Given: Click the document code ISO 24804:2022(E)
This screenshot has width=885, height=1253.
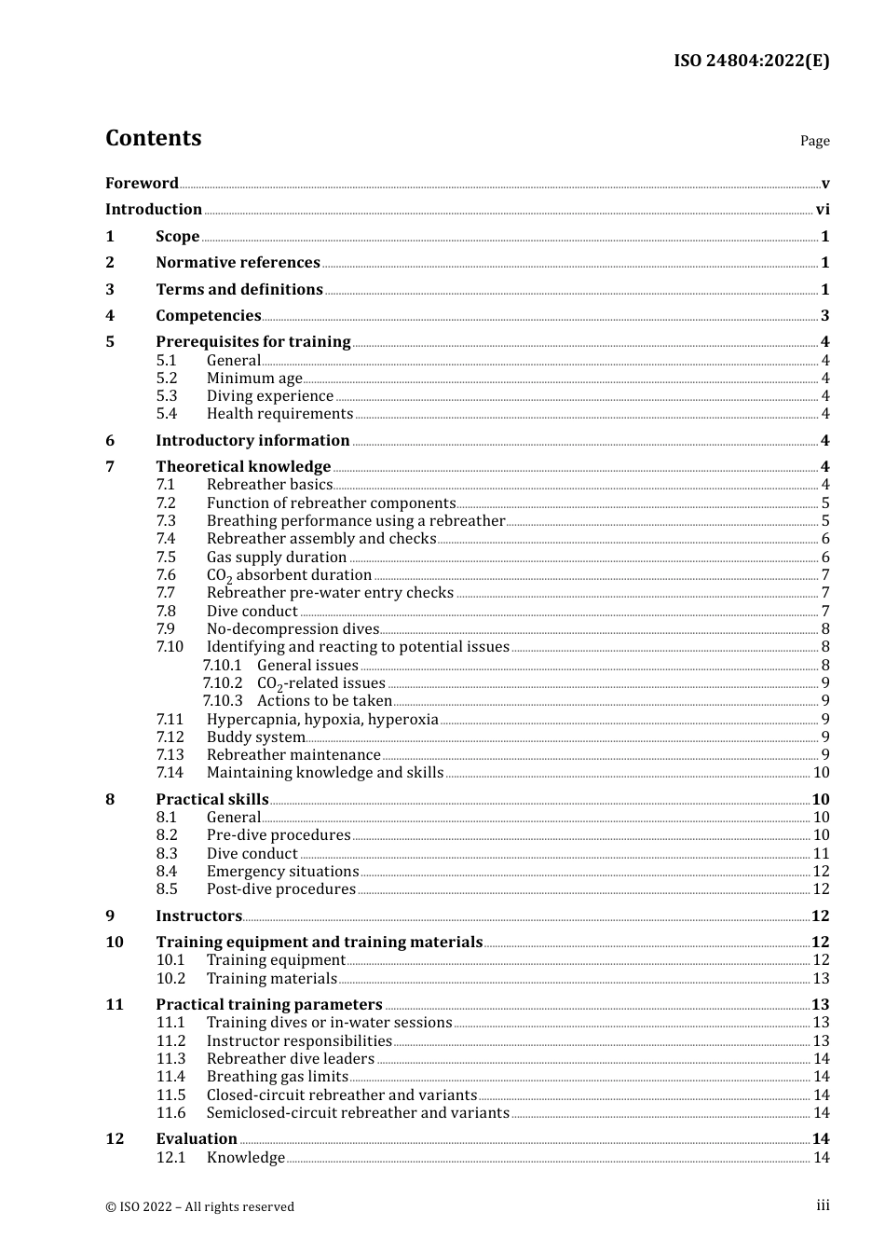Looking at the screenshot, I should pos(751,61).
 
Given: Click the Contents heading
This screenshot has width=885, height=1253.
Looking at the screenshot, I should pos(153,138).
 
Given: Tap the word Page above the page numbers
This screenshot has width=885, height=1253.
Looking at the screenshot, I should pos(814,141).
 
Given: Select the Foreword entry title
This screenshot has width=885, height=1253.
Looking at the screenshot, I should pos(142,184).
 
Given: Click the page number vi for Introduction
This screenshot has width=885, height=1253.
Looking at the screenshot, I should pos(823,210).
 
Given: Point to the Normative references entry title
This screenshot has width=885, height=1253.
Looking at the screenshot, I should pos(238,263).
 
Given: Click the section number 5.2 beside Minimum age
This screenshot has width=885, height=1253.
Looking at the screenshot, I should pos(167,379).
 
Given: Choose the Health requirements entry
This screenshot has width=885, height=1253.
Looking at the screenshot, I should pos(279,414).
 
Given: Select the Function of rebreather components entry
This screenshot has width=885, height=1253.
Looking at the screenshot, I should pos(331,503).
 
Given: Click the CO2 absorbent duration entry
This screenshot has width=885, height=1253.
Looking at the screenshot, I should pos(289,575).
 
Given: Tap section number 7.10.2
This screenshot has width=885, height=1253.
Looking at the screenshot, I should pos(222,683).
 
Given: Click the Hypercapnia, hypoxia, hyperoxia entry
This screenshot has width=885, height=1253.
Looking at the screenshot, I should pos(322,720).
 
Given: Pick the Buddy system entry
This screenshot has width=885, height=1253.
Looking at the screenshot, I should pos(255,737).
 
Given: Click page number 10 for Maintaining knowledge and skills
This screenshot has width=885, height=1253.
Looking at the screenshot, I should pos(821,773).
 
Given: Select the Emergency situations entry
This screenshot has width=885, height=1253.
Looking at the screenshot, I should pos(282,872).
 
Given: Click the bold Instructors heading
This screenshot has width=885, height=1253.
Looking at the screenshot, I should pos(198,916).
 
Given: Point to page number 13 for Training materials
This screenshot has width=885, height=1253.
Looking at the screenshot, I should pos(821,979).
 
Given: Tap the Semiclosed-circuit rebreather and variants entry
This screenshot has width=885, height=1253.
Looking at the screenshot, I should pos(358,1113).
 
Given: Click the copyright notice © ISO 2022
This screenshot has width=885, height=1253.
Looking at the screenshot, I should pos(199,1207).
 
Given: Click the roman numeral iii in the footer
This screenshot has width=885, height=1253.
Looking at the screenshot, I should pos(823,1205).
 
